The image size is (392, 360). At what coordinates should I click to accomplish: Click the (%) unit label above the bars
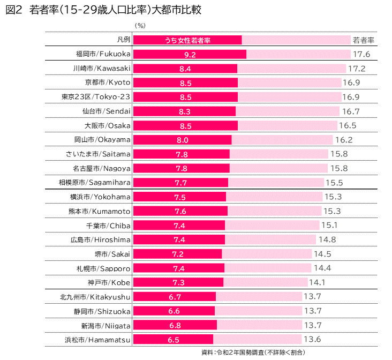(140, 25)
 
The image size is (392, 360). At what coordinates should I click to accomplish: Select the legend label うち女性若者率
(187, 40)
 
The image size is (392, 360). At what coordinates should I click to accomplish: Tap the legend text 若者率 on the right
(363, 40)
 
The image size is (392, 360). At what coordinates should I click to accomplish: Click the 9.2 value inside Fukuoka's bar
(190, 55)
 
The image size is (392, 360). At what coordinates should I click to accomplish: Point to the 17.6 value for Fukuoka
(361, 55)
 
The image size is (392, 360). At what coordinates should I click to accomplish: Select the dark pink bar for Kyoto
(185, 83)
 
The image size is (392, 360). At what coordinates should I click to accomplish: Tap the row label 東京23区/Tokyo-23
(96, 97)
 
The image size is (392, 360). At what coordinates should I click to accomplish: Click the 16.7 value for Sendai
(350, 111)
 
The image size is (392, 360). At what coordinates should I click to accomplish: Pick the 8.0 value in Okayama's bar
(182, 140)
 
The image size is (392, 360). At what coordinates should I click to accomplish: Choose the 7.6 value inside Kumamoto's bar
(180, 211)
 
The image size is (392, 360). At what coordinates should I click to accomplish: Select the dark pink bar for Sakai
(178, 253)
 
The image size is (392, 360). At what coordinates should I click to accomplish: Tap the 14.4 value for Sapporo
(322, 268)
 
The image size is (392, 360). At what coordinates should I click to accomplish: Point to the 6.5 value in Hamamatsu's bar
(173, 339)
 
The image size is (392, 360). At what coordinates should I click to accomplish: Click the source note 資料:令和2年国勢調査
(253, 352)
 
